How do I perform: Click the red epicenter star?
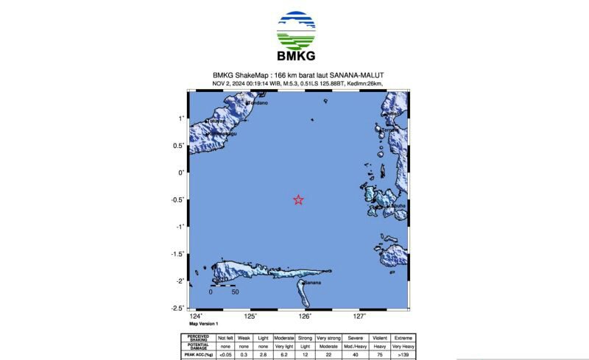coord(298,200)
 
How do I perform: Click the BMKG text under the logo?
coord(295,57)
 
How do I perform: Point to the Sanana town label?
coord(313,282)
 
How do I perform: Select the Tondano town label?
coord(257,103)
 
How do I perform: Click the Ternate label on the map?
coord(392,130)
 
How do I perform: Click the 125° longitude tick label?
coord(250,317)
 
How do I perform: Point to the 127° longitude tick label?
coord(359,317)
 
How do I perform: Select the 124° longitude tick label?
coord(196,317)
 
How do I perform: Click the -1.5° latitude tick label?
coord(177,254)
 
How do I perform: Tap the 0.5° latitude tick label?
coord(178,146)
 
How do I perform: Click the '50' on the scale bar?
coord(235,292)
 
